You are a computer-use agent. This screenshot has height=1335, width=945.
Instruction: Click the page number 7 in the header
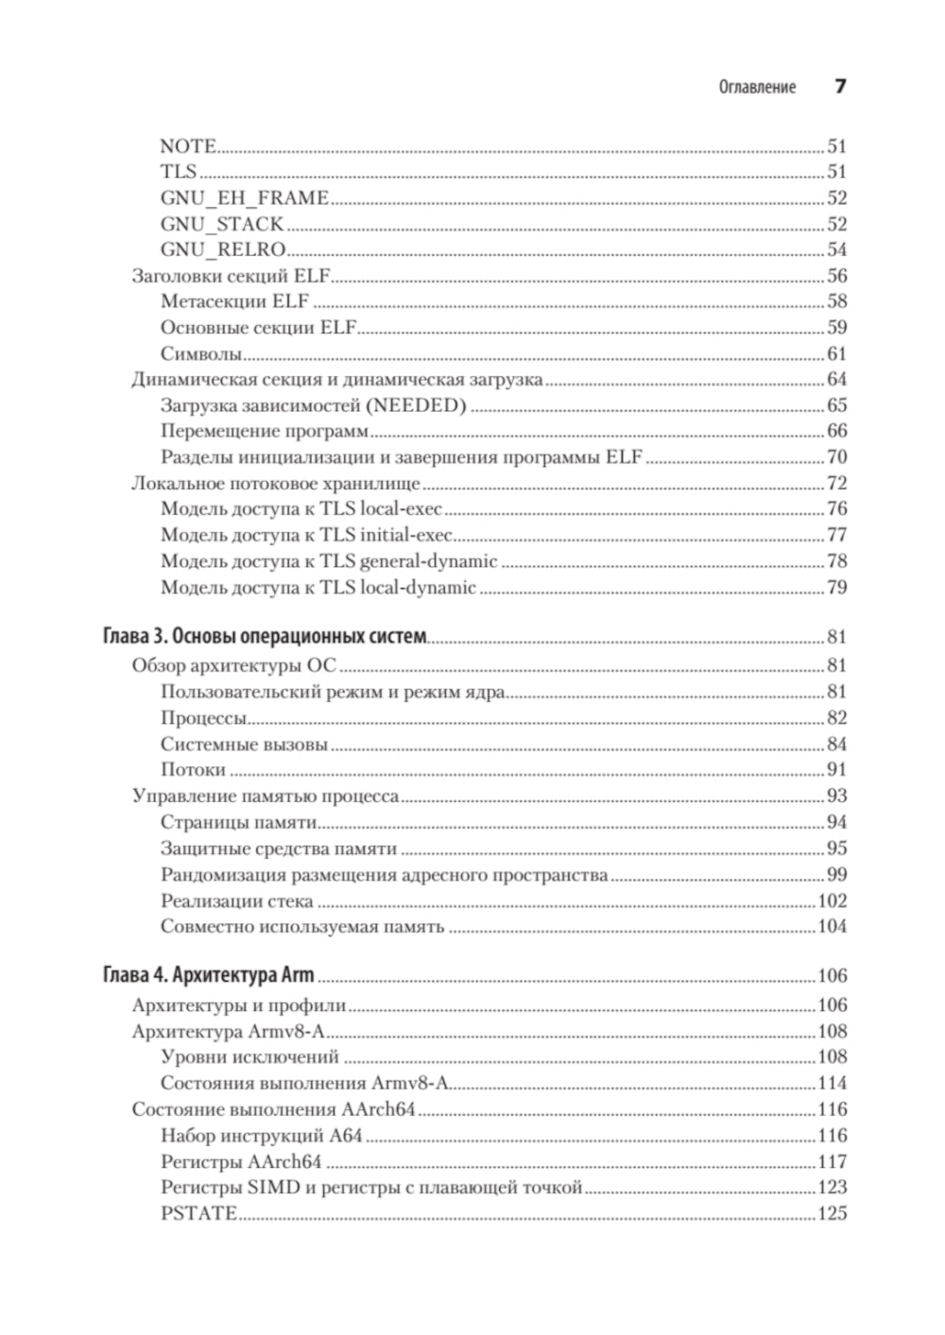(839, 87)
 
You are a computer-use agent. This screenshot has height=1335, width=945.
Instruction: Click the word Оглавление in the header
(757, 88)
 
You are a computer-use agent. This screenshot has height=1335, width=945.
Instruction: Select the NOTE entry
(188, 146)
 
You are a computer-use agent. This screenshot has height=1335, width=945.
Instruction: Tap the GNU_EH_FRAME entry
(244, 198)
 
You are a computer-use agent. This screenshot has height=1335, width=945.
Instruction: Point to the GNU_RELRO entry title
(223, 250)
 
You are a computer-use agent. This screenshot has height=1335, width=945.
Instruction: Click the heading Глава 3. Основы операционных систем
(265, 637)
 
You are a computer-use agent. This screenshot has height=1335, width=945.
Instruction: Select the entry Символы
(201, 354)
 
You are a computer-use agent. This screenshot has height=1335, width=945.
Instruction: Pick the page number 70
(836, 457)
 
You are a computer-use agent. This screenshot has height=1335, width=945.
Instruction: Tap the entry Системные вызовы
(244, 745)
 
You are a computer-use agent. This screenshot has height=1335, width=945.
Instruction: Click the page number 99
(836, 875)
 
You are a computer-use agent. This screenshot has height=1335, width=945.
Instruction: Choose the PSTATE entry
(198, 1214)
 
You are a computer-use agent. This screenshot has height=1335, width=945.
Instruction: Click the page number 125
(832, 1214)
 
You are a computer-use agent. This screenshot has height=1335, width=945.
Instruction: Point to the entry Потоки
(193, 770)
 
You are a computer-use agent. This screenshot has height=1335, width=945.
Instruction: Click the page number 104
(832, 927)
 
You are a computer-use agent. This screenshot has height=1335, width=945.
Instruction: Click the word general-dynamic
(428, 562)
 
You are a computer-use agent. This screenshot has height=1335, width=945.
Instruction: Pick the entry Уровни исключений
(249, 1057)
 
